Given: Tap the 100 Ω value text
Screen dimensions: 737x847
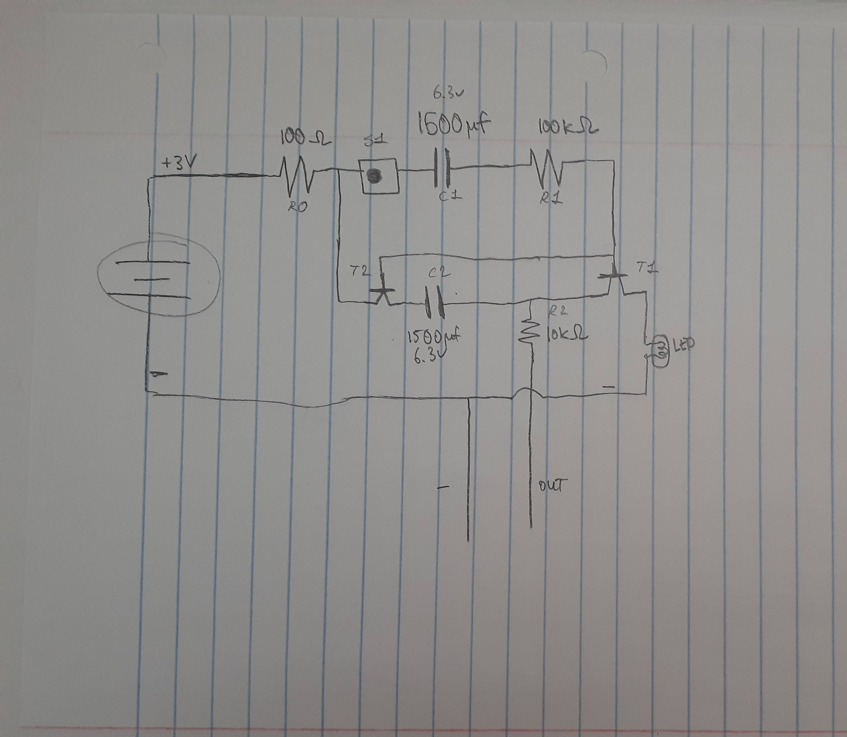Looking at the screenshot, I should click(x=305, y=139).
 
